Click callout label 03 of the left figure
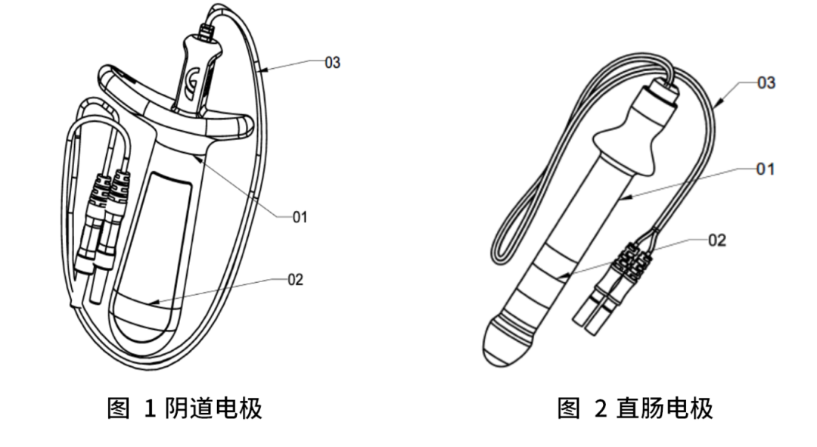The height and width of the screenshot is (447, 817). pyautogui.click(x=332, y=63)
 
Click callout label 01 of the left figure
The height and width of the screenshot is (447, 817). pyautogui.click(x=300, y=218)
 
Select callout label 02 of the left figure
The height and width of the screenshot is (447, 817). pyautogui.click(x=295, y=280)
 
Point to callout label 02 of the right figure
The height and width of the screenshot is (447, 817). pyautogui.click(x=716, y=241)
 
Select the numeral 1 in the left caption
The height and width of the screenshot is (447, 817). pyautogui.click(x=150, y=409)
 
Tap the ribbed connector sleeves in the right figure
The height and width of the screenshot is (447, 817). pyautogui.click(x=632, y=260)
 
